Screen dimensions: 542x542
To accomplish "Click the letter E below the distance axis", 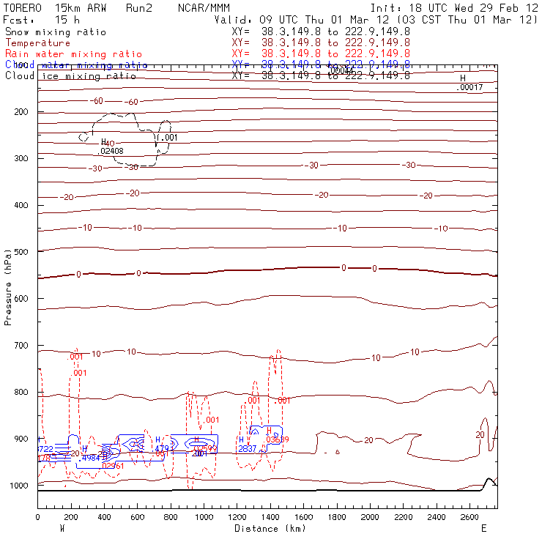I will pos(483,528).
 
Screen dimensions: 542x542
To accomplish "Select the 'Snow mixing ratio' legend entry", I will pos(56,32).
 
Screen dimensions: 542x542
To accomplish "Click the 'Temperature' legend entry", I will pos(37,43).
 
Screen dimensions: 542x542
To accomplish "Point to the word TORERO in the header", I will pos(22,8).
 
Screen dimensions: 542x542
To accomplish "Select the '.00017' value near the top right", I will pos(469,88).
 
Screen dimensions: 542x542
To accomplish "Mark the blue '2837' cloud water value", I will pos(246,449).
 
